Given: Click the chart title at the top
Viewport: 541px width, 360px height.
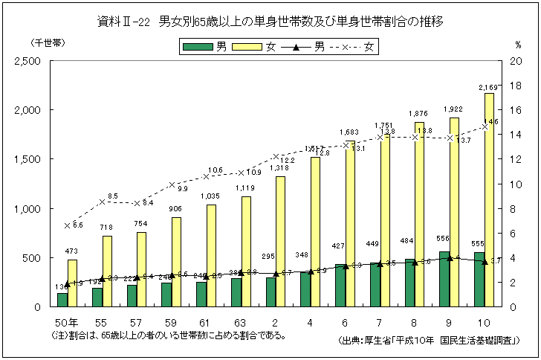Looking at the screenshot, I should [270, 22].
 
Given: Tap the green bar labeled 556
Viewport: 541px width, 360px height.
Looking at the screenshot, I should [444, 279].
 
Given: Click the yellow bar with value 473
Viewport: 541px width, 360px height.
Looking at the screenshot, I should [72, 283].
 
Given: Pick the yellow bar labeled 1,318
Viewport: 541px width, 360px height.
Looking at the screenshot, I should [281, 241].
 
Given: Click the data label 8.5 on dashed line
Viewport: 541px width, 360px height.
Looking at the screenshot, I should [113, 196].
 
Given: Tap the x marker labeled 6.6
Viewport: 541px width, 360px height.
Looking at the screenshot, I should [67, 225].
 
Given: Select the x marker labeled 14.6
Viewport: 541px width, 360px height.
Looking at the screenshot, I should [485, 126].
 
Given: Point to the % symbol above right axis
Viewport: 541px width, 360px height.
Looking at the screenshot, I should [518, 44].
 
